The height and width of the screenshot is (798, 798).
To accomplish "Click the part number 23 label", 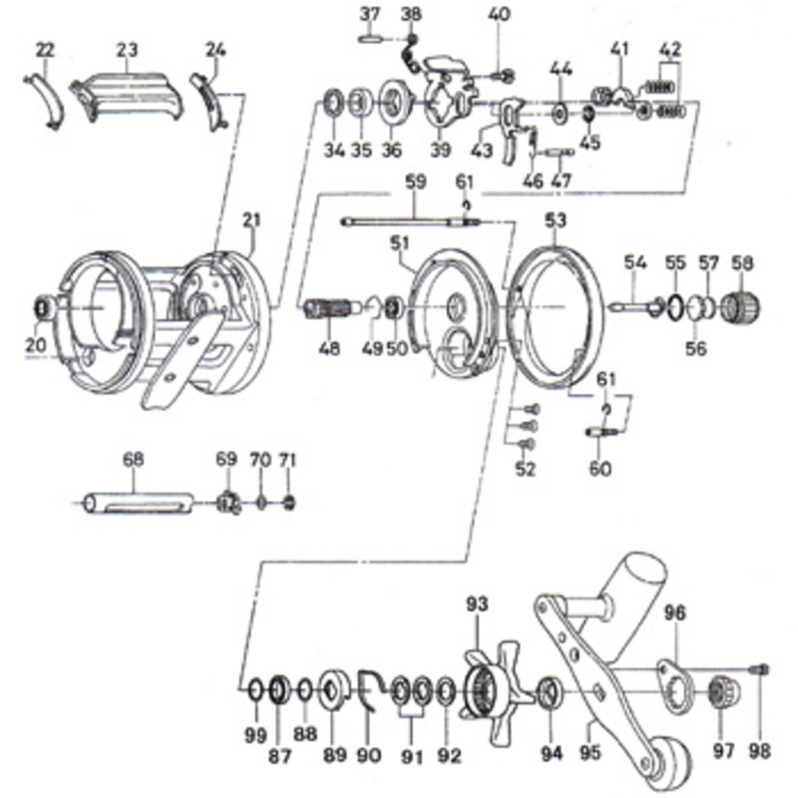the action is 127,50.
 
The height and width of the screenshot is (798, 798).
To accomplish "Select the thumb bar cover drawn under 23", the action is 128,97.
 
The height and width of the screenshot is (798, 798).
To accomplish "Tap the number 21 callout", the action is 251,219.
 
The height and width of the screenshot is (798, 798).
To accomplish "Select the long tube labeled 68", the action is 139,503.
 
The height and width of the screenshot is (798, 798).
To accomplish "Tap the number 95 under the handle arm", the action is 590,752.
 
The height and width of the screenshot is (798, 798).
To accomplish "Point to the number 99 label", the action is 255,735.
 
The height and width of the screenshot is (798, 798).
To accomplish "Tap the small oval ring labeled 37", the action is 370,39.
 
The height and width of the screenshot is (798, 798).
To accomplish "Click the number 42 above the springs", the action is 669,50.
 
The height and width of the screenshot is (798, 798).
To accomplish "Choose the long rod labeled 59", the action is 412,221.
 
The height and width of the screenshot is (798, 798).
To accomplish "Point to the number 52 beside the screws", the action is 526,469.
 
